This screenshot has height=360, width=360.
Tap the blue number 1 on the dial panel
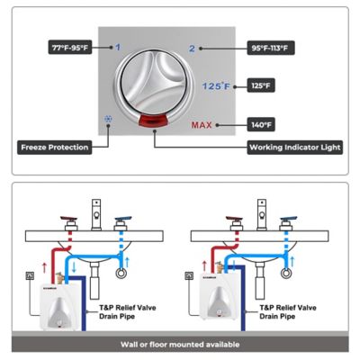(118, 46)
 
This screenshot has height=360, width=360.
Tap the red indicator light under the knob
(156, 120)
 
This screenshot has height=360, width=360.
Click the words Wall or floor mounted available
(179, 344)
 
